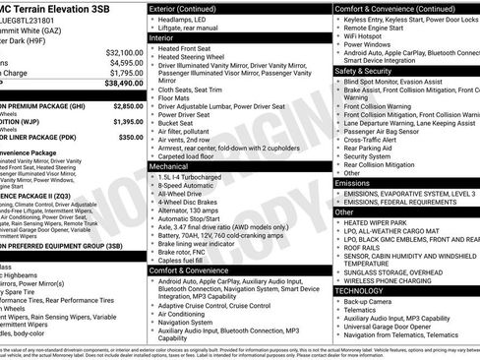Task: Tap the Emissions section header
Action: (x=352, y=183)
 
